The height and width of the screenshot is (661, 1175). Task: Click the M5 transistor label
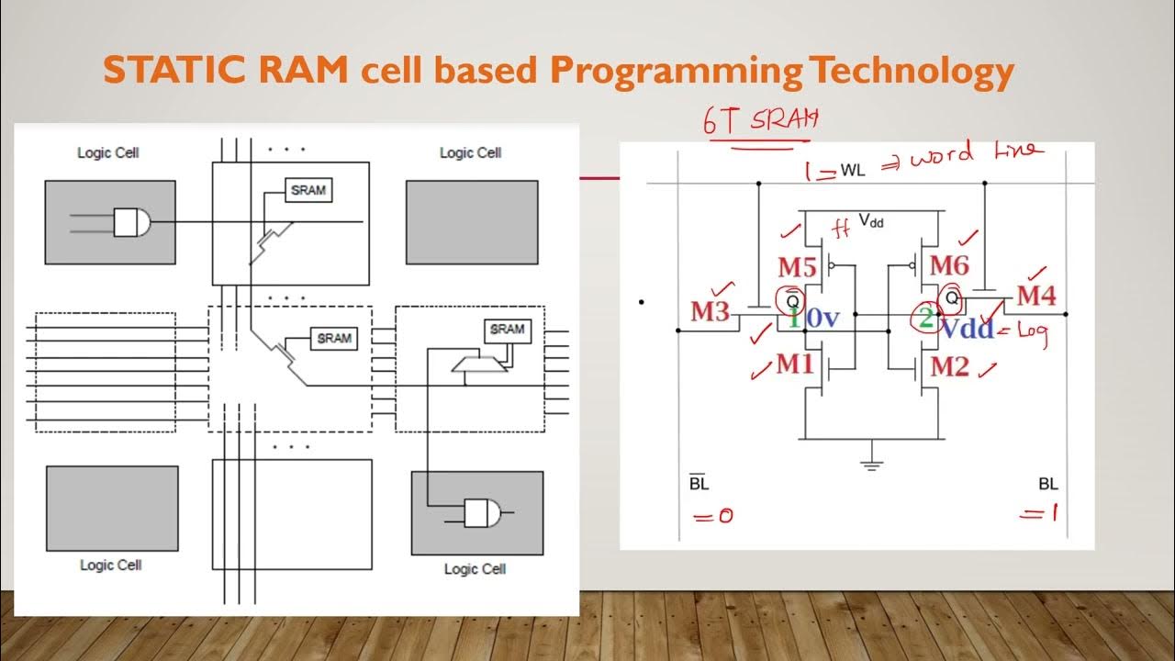point(797,267)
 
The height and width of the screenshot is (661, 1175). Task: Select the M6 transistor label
point(949,266)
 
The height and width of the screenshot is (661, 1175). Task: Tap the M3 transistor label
point(710,311)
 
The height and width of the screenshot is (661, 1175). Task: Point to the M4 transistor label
point(1036,297)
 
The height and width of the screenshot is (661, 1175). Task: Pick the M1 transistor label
point(795,364)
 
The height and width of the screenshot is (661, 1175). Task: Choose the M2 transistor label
point(949,367)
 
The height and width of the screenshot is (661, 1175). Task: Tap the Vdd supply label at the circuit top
point(870,220)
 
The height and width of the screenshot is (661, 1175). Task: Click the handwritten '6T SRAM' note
point(760,122)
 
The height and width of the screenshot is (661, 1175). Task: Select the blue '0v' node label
point(822,319)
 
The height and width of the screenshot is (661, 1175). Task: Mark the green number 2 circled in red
point(926,319)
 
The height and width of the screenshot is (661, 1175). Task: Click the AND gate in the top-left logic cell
point(130,222)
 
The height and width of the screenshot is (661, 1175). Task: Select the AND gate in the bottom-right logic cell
point(481,513)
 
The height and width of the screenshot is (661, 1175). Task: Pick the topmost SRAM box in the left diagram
point(308,190)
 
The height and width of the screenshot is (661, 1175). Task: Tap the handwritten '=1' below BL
point(1039,514)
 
